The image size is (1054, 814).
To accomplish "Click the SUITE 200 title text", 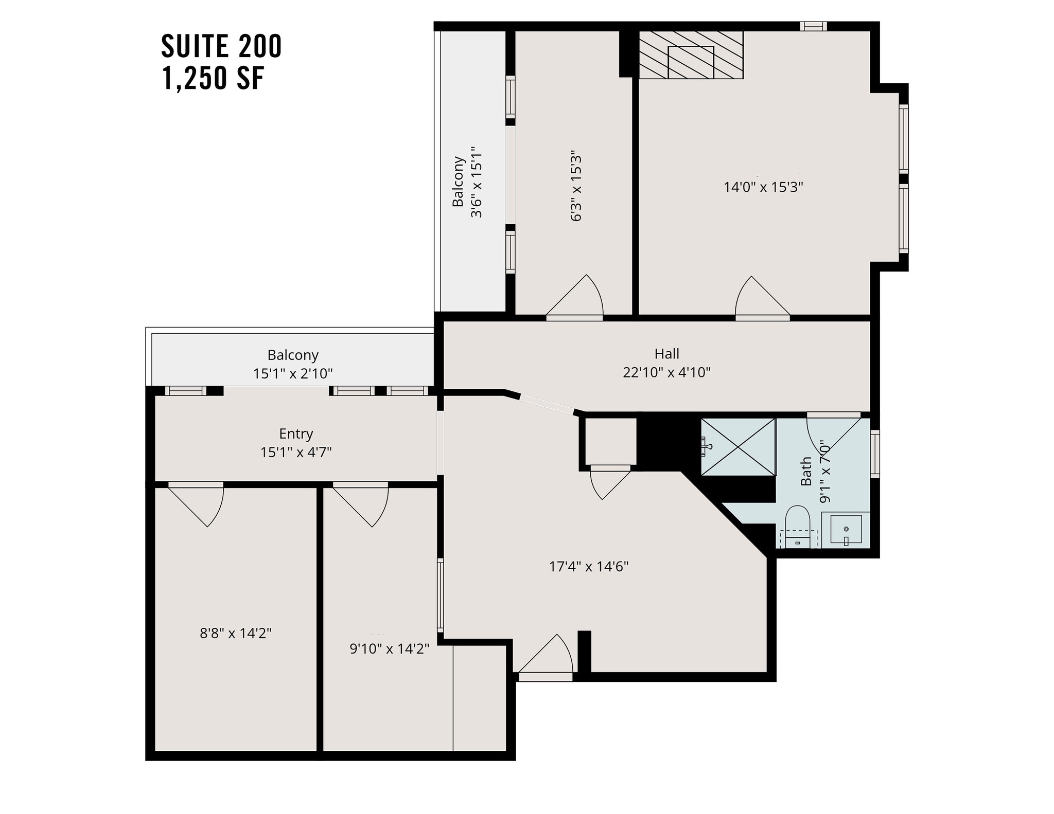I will (221, 46).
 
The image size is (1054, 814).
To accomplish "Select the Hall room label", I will (666, 354).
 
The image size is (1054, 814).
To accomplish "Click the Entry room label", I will (296, 433).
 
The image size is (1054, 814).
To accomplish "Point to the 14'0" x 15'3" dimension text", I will (763, 187).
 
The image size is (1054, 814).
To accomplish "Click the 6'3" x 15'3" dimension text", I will (576, 188).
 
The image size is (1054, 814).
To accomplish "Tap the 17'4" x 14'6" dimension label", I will (589, 567).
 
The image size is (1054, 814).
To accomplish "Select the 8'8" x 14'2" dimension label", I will (236, 633).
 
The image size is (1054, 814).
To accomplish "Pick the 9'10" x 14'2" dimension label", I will (389, 649).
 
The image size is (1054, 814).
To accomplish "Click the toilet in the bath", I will (797, 524).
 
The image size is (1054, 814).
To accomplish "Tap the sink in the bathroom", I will (846, 530).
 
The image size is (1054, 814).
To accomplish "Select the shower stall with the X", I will (738, 447).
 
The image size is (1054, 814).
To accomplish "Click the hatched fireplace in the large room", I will (691, 55).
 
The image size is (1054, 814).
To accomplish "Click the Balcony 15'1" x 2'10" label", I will (293, 364).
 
